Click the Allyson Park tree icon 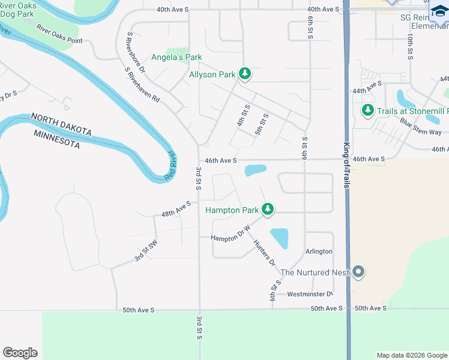(x=244, y=74)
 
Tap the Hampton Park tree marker (x=268, y=209)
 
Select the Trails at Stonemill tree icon (x=368, y=110)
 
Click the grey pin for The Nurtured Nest (x=358, y=272)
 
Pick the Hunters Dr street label (x=264, y=253)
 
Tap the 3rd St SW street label (x=145, y=252)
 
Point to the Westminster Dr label (x=309, y=294)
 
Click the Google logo (x=20, y=353)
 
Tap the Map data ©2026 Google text (x=412, y=355)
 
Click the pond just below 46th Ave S (x=256, y=170)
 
